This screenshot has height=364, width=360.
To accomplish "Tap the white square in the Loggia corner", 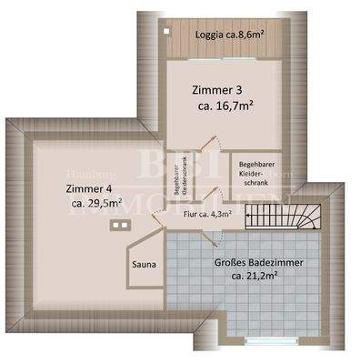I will click(169, 28).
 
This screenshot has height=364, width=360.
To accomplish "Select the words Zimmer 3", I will click(217, 90).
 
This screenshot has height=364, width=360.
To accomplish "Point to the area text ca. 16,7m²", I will click(225, 106).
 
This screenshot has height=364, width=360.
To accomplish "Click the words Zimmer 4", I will click(90, 188).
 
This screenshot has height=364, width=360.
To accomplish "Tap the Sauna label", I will click(145, 265).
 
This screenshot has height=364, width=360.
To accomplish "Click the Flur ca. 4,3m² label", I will click(207, 216).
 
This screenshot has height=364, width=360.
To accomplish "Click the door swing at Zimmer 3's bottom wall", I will click(210, 146).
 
